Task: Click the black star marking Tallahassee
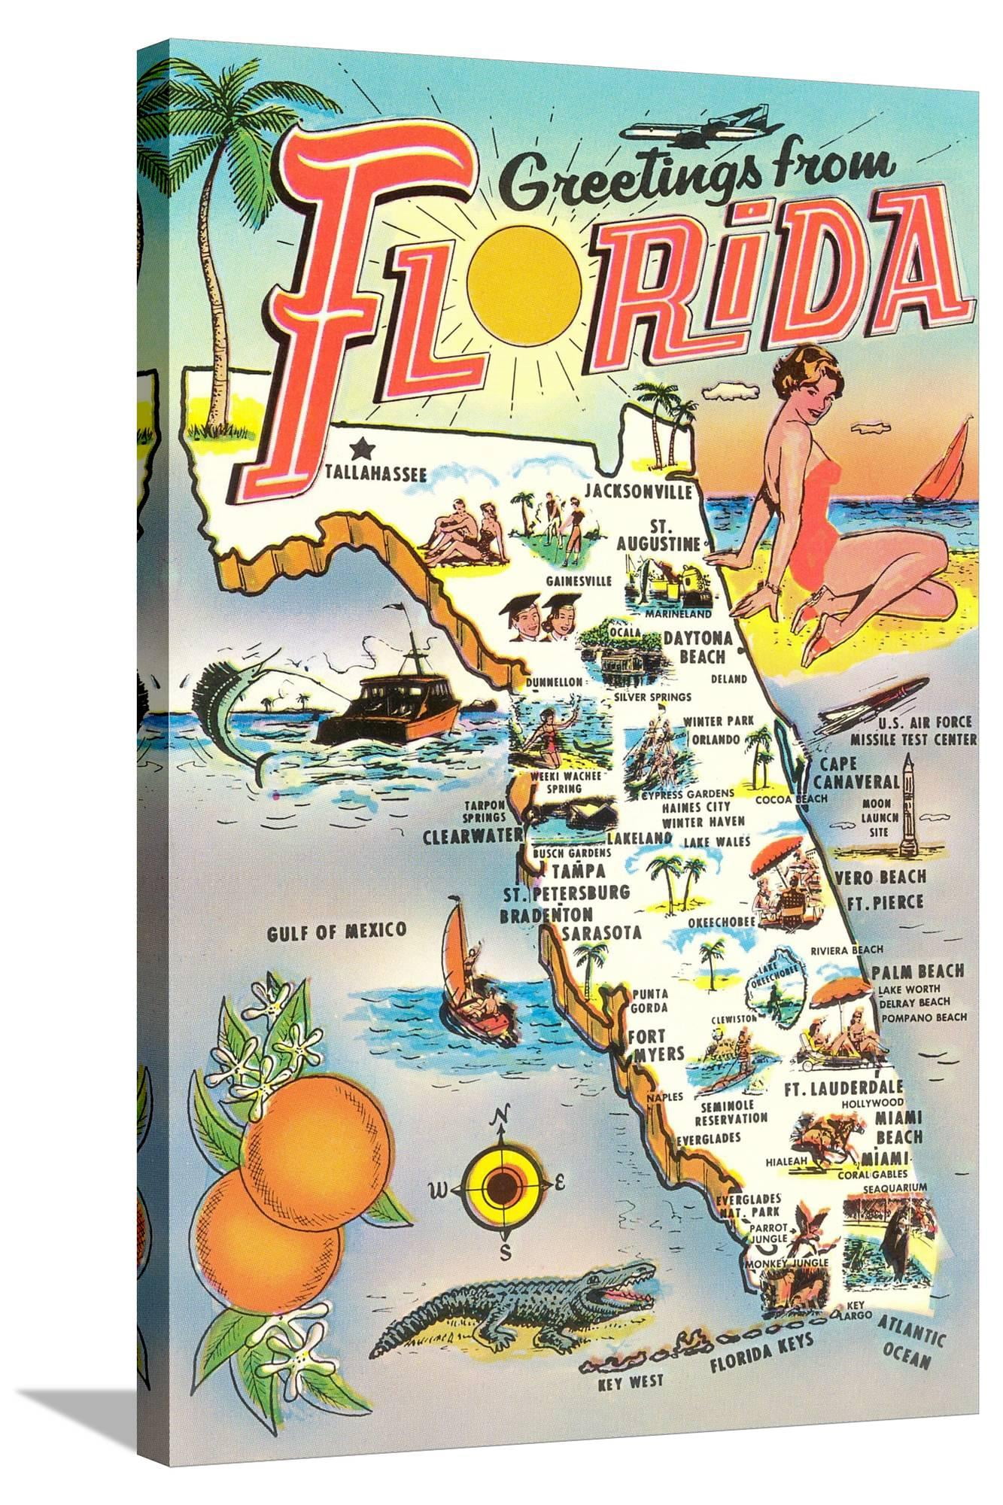pos(363,449)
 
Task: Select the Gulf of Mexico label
pos(336,930)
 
